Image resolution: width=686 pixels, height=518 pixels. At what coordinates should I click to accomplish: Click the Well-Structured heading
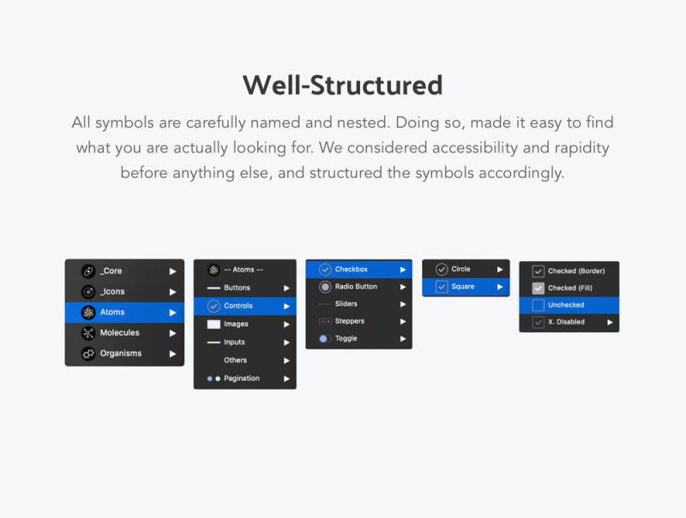(342, 85)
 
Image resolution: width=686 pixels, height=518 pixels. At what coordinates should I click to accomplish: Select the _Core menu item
(124, 271)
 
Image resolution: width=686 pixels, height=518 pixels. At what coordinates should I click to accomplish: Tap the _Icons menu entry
(124, 291)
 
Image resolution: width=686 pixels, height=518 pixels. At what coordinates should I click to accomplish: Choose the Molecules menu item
(124, 333)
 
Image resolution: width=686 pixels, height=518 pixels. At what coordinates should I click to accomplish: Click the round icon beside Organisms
(88, 354)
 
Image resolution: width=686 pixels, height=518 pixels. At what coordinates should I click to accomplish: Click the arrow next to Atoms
(173, 313)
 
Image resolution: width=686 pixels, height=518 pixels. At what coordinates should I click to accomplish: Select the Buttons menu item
(245, 288)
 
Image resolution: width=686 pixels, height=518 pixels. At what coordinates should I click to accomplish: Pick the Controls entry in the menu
(245, 306)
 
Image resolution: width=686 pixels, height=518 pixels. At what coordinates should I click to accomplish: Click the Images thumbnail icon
(214, 324)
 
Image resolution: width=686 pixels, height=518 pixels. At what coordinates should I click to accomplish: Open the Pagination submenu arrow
(286, 378)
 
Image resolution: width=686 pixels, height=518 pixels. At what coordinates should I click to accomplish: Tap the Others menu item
(245, 360)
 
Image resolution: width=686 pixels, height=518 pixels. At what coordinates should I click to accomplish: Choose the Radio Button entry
(358, 287)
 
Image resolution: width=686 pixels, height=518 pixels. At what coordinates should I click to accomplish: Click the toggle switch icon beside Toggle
(325, 338)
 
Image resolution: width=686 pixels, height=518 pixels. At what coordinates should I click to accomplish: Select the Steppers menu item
(358, 321)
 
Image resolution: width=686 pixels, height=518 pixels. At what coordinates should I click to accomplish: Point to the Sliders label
(346, 304)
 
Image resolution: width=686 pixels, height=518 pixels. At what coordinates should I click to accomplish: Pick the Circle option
(466, 269)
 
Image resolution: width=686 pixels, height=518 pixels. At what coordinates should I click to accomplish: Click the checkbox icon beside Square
(442, 287)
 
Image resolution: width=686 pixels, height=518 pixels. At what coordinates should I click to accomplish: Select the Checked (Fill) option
(569, 288)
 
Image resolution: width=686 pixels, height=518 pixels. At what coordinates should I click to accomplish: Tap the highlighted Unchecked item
(569, 305)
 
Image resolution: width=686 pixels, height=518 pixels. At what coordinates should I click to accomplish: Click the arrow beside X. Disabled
(610, 322)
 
